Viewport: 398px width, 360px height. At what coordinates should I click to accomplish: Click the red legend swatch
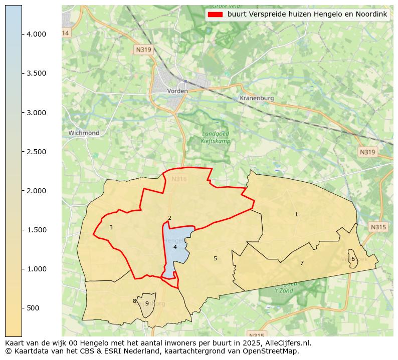(215, 15)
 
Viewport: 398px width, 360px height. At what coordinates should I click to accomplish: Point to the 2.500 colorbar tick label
(37, 152)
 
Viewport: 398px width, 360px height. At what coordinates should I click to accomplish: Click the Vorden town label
(177, 91)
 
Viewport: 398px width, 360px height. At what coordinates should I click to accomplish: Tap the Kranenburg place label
(257, 98)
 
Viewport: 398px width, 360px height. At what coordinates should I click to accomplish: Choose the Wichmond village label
(84, 133)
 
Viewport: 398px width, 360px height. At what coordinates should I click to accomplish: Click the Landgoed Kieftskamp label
(215, 137)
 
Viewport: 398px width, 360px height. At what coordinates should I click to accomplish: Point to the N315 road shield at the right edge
(378, 227)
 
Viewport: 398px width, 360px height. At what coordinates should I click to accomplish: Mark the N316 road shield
(179, 179)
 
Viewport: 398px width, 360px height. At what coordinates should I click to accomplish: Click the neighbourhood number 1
(296, 215)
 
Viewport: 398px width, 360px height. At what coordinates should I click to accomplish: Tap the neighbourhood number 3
(111, 227)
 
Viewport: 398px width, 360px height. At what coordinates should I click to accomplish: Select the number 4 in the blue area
(175, 247)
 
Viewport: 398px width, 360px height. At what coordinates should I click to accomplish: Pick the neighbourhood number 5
(215, 258)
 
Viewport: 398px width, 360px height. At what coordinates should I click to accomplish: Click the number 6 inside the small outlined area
(353, 259)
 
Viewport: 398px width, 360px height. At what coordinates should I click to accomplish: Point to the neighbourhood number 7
(302, 263)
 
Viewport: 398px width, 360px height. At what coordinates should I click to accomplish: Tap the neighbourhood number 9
(147, 303)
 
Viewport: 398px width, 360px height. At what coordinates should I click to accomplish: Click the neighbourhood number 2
(169, 218)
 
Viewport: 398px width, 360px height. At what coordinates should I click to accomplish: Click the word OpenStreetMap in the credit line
(274, 351)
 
